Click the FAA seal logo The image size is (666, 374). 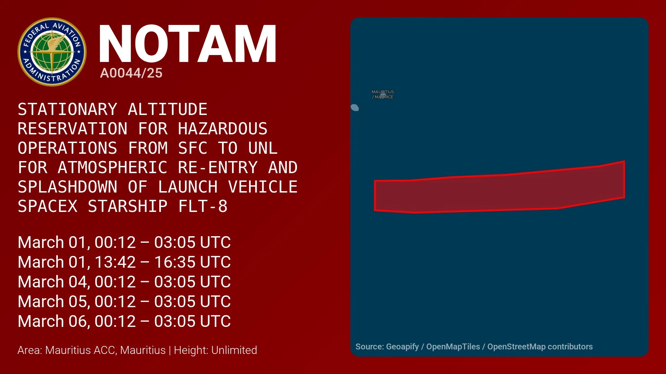(52, 52)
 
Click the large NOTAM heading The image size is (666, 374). (187, 44)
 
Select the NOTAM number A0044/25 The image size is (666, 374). (131, 73)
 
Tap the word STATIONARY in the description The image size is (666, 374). (68, 109)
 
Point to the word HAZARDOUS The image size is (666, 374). (223, 129)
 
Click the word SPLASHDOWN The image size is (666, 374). (68, 187)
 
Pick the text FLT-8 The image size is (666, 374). (203, 206)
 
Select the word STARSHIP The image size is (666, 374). (128, 206)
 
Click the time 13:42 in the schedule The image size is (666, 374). (115, 262)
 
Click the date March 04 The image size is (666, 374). (54, 282)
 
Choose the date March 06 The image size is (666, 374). (54, 321)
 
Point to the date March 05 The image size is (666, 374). (54, 302)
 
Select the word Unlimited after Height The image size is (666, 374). (234, 350)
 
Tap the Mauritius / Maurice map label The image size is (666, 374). (383, 94)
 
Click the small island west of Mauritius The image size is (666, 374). (355, 108)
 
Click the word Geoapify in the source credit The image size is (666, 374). (402, 347)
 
